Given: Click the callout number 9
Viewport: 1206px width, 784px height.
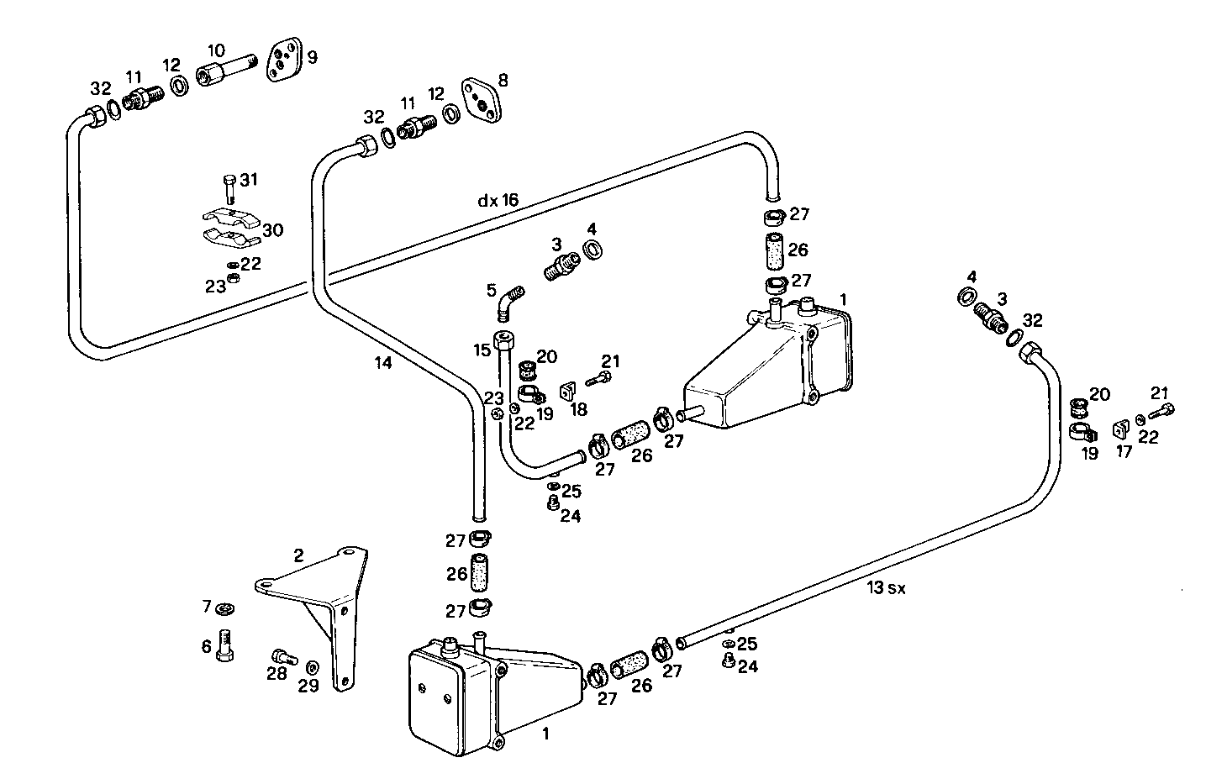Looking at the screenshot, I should point(313,58).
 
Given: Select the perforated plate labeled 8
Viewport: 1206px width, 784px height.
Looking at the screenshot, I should point(480,101).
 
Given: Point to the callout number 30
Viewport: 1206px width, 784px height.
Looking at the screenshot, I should point(273,230).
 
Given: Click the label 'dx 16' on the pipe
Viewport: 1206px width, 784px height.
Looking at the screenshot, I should point(498,201).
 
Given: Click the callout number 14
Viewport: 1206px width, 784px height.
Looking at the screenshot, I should point(383,363).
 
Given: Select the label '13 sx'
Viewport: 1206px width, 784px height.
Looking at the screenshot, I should point(887,589).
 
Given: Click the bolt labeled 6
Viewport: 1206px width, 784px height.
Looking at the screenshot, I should point(225,645).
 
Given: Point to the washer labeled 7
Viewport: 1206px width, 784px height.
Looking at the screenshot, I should point(224,608).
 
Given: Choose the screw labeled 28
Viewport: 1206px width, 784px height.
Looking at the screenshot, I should point(282,656).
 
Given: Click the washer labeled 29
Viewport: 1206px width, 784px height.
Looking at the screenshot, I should point(312,667).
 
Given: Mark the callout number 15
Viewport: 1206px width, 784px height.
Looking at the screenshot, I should point(481,350).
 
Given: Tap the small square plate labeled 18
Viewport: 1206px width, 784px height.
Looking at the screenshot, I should point(567,392).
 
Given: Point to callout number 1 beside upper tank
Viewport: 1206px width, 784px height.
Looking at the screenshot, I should point(843,300).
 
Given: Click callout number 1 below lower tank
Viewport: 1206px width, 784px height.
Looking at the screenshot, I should point(545,734).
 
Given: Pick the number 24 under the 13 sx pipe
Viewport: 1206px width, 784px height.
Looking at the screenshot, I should point(747,666).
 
